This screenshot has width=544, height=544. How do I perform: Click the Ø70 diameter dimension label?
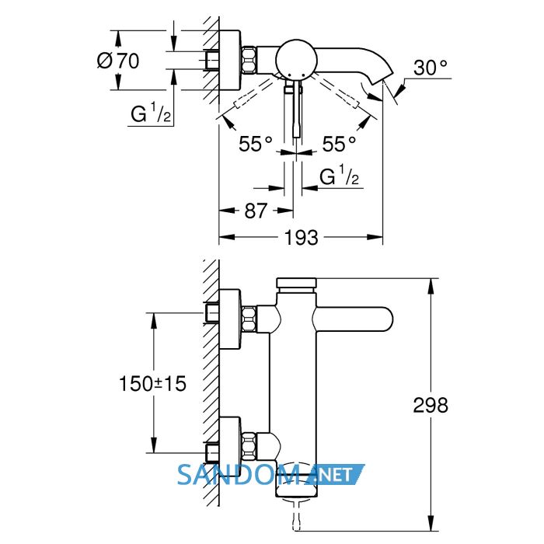(118, 61)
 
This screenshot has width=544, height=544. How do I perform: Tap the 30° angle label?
(431, 68)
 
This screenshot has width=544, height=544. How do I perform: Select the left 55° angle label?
(256, 143)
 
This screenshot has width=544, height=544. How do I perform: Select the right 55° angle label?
(339, 143)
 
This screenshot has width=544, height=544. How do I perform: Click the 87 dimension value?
(256, 211)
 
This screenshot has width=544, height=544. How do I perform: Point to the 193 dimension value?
(301, 238)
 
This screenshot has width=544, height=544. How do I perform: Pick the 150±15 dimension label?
(152, 383)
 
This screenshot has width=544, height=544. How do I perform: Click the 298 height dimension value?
(431, 405)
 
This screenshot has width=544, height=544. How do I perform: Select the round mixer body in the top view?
(296, 59)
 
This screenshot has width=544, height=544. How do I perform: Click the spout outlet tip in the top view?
(382, 78)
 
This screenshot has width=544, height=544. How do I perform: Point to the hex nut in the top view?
(249, 60)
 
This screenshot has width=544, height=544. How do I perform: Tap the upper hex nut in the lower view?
(249, 319)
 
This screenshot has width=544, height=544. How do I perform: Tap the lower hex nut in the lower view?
(249, 445)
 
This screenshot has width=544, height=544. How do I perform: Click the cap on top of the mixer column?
(296, 283)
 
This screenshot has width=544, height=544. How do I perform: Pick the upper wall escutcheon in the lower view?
(230, 319)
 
